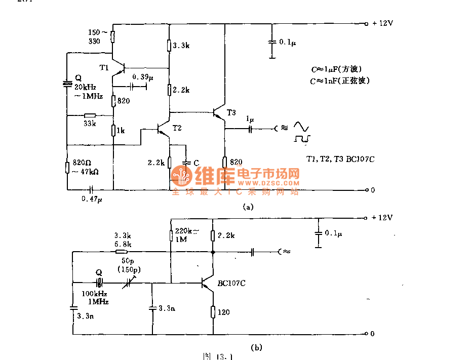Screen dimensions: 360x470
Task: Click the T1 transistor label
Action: [104, 67]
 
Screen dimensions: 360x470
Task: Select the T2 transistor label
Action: [177, 128]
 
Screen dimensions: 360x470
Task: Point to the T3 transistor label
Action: [231, 112]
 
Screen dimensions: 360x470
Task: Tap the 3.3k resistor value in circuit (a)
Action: [181, 46]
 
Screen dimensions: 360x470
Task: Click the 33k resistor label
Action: [90, 123]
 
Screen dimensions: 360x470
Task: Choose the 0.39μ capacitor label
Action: [142, 77]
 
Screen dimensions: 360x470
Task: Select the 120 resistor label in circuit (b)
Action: [223, 312]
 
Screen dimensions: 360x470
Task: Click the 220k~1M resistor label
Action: [185, 235]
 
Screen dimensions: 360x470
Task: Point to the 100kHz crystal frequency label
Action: [95, 294]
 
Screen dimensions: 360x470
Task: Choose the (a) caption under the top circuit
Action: [248, 207]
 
